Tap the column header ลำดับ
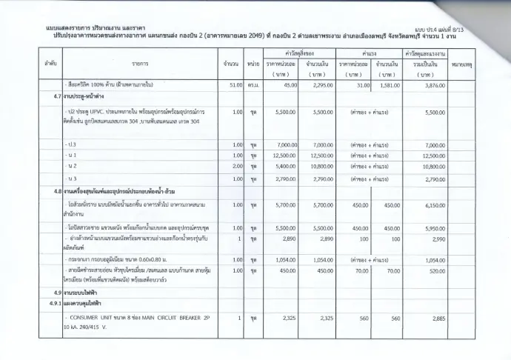point(51,64)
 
